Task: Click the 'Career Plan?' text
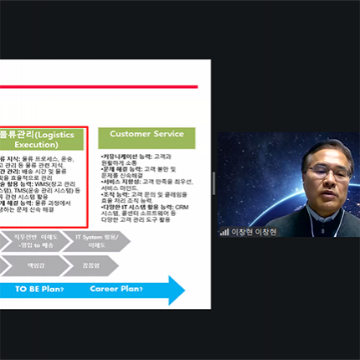(117, 289)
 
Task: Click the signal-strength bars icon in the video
(224, 231)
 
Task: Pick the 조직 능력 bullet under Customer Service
(118, 194)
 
